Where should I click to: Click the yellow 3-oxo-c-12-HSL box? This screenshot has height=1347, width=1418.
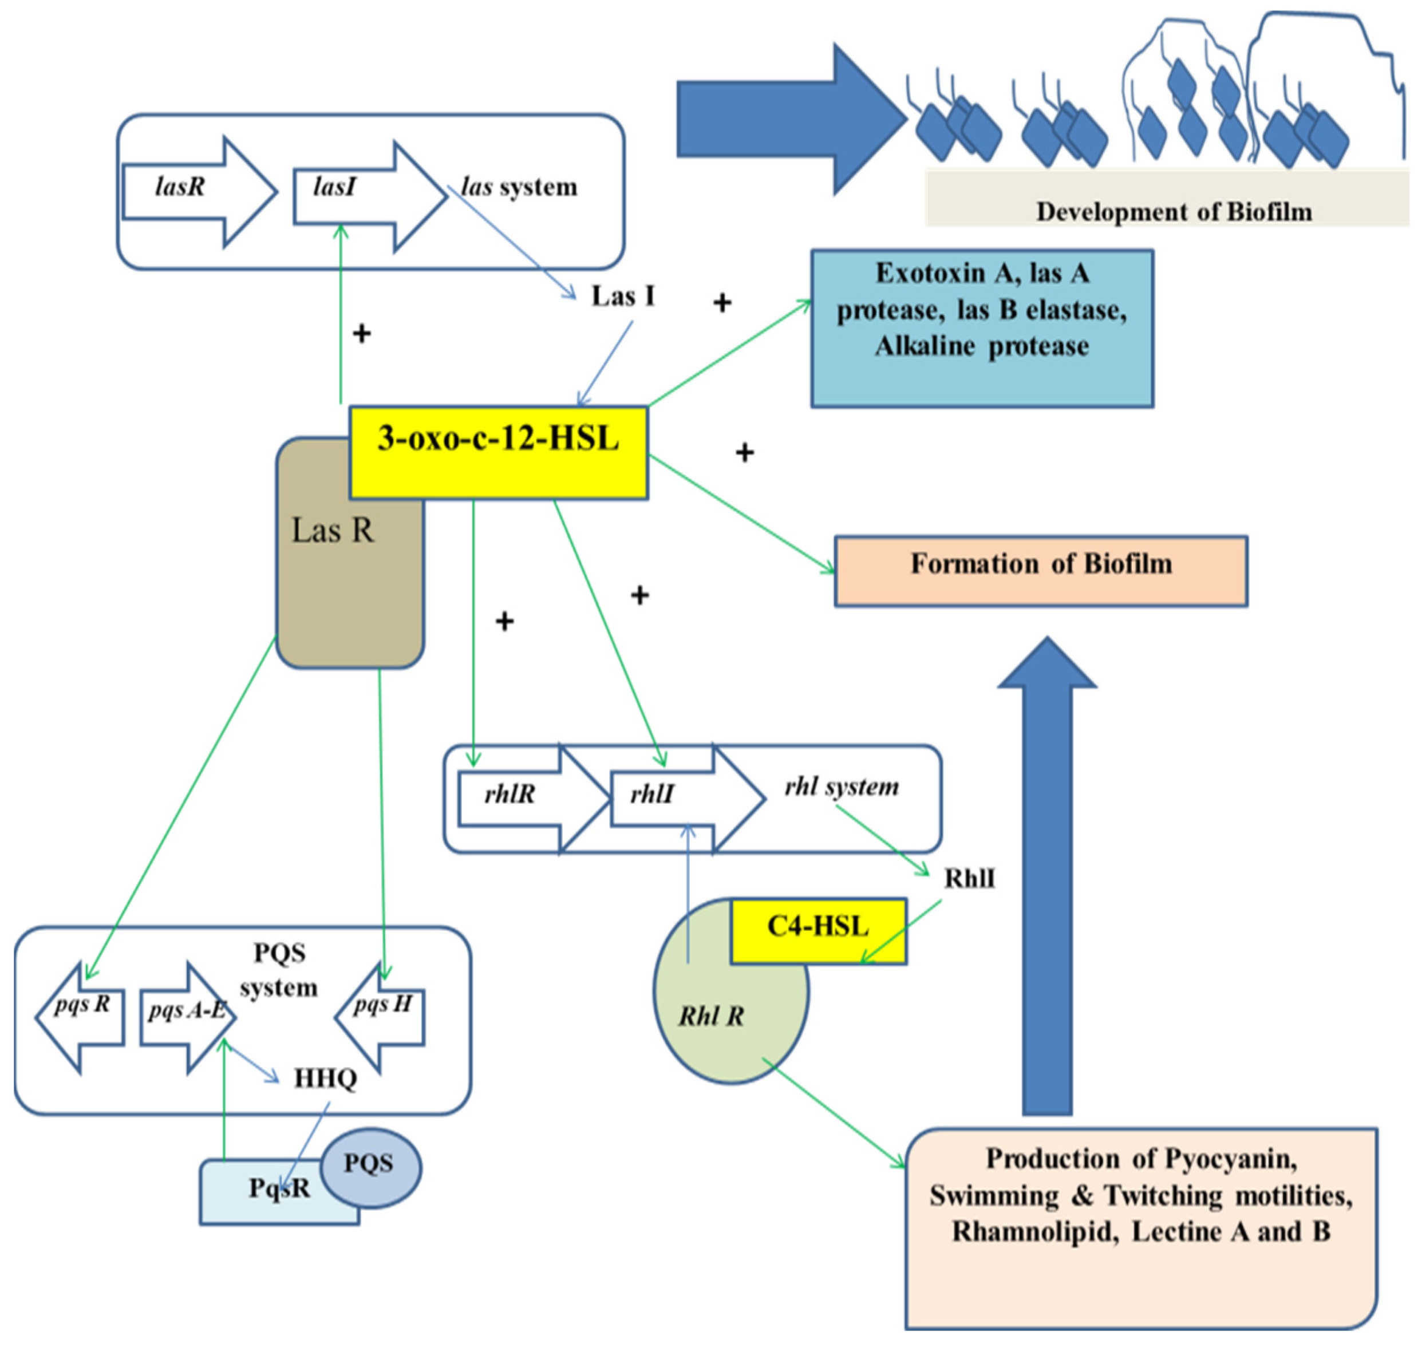(498, 452)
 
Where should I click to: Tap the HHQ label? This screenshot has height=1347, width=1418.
(325, 1079)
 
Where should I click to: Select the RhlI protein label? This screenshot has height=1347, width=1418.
(969, 879)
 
